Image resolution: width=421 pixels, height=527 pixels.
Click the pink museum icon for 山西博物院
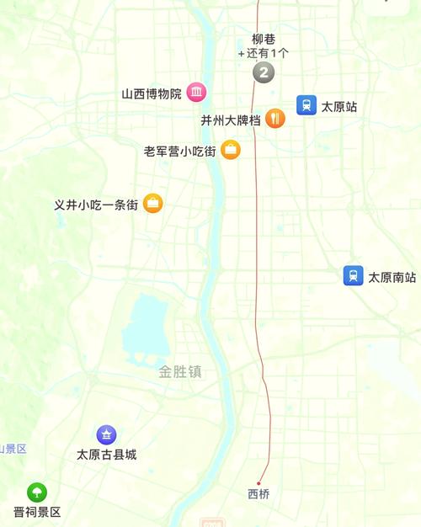[x=196, y=93]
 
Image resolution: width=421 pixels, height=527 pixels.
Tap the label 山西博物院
[x=152, y=93]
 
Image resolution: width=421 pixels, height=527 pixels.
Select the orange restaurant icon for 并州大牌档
[x=275, y=119]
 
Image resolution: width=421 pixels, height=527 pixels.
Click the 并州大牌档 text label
[x=230, y=120]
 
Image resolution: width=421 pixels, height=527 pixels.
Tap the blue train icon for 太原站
[x=306, y=106]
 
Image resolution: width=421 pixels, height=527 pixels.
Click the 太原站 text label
[x=339, y=107]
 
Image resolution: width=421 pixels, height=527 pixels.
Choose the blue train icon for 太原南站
[x=354, y=275]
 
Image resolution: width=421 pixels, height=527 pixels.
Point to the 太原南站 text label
[x=392, y=277]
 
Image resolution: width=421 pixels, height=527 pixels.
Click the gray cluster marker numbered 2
[x=264, y=73]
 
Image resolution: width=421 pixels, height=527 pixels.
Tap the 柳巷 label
[x=264, y=39]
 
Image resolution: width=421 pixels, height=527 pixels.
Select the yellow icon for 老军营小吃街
[x=231, y=150]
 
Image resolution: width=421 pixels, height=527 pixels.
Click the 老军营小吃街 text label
[x=179, y=152]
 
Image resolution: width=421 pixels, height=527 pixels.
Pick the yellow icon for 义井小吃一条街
[x=152, y=203]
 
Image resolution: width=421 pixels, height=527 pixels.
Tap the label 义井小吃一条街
[x=96, y=205]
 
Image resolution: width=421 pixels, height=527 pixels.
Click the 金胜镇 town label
[x=180, y=371]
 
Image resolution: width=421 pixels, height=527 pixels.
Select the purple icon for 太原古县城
[x=106, y=434]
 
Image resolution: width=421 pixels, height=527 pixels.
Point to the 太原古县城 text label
[x=106, y=455]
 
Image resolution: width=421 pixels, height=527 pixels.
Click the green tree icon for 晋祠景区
[x=36, y=492]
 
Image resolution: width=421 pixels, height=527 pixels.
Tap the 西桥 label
[x=259, y=494]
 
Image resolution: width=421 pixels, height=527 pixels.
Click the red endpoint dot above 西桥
[x=258, y=483]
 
